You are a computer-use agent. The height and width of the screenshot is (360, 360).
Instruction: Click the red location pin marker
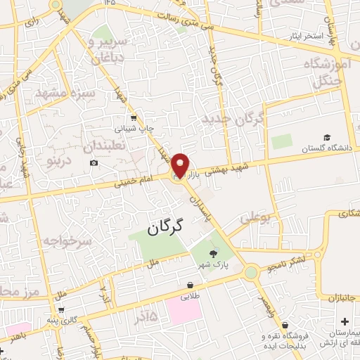point(180,165)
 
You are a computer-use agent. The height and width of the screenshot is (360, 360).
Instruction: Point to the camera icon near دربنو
point(94,163)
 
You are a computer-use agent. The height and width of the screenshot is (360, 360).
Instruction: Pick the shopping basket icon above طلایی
point(190,285)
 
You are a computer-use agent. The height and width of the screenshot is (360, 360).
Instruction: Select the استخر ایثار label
point(304,35)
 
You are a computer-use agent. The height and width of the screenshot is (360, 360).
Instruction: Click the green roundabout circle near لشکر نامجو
point(250,271)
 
